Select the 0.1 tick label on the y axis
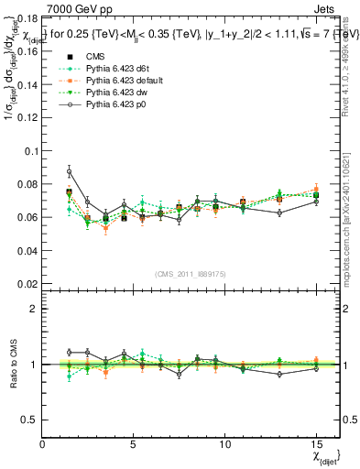point(30,151)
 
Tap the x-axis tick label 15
point(315,444)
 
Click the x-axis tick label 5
point(134,444)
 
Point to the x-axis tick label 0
point(43,444)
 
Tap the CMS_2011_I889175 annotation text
point(191,273)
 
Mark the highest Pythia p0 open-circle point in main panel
point(70,171)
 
